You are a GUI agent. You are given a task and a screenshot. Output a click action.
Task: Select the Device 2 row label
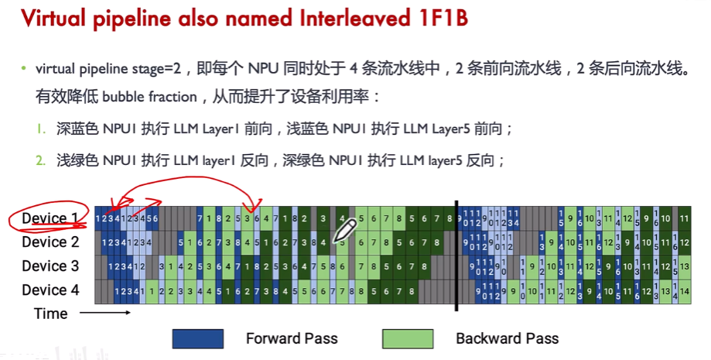[50, 242]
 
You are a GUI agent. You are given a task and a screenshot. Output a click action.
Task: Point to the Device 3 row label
[50, 266]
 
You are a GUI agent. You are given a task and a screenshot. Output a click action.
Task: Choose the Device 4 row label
[50, 290]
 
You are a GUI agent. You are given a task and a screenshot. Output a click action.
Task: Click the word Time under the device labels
[50, 314]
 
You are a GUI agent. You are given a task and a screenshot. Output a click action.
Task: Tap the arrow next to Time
[104, 313]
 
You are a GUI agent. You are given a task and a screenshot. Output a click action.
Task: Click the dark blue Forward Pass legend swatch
[198, 338]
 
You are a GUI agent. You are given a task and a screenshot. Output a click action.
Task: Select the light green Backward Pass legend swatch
[408, 338]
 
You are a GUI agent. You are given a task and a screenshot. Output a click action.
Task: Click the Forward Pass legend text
[292, 338]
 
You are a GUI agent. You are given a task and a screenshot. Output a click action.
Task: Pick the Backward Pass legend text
[507, 338]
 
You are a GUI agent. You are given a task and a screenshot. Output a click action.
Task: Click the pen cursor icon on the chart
[344, 230]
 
